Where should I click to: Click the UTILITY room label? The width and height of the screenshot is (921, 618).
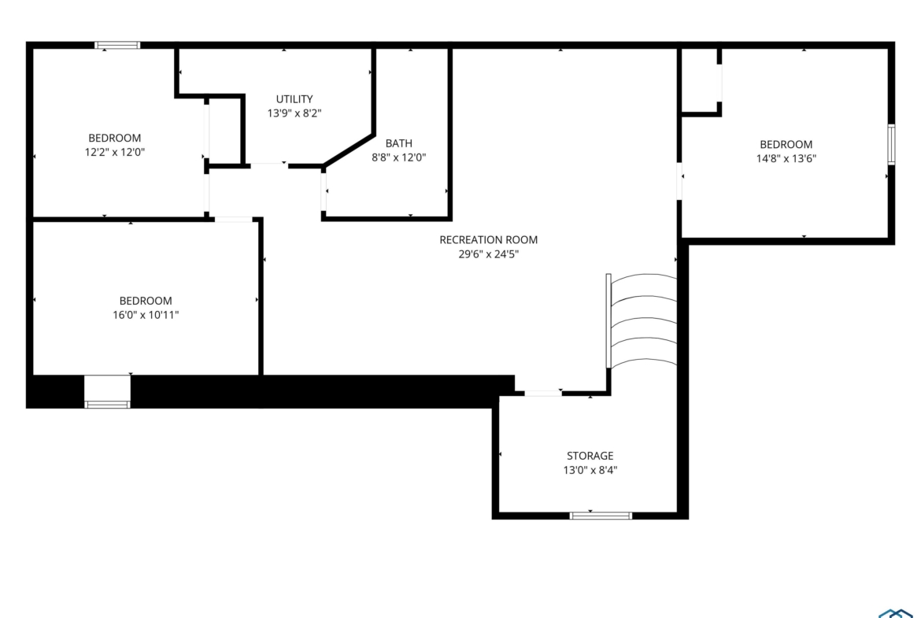(x=294, y=99)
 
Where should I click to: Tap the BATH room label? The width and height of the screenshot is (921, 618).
(x=399, y=143)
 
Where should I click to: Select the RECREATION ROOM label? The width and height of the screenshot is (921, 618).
(x=489, y=239)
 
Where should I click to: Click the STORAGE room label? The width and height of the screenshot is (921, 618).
(x=590, y=456)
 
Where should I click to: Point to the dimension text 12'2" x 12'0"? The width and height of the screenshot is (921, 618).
(x=115, y=152)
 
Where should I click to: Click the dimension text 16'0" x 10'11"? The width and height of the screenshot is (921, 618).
(x=146, y=315)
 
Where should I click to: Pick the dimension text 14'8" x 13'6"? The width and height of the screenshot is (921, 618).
(x=786, y=158)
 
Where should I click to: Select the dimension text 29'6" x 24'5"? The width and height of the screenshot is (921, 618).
(x=489, y=254)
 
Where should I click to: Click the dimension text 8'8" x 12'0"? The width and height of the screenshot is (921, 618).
(x=399, y=157)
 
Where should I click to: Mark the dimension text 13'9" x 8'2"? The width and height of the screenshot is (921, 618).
(x=294, y=113)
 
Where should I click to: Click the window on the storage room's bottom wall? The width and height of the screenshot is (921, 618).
(x=601, y=516)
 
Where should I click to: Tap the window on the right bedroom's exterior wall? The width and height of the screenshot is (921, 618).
(x=891, y=145)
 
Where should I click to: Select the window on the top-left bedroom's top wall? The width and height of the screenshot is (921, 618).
(x=117, y=45)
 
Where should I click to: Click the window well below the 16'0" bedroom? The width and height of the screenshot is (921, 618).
(x=107, y=391)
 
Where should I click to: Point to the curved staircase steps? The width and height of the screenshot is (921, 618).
(x=644, y=320)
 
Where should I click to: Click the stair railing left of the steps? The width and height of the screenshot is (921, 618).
(x=608, y=320)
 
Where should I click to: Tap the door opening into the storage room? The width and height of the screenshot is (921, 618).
(x=542, y=393)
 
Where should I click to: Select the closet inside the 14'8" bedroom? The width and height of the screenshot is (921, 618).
(x=699, y=80)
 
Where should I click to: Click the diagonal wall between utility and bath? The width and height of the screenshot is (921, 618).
(x=350, y=150)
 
